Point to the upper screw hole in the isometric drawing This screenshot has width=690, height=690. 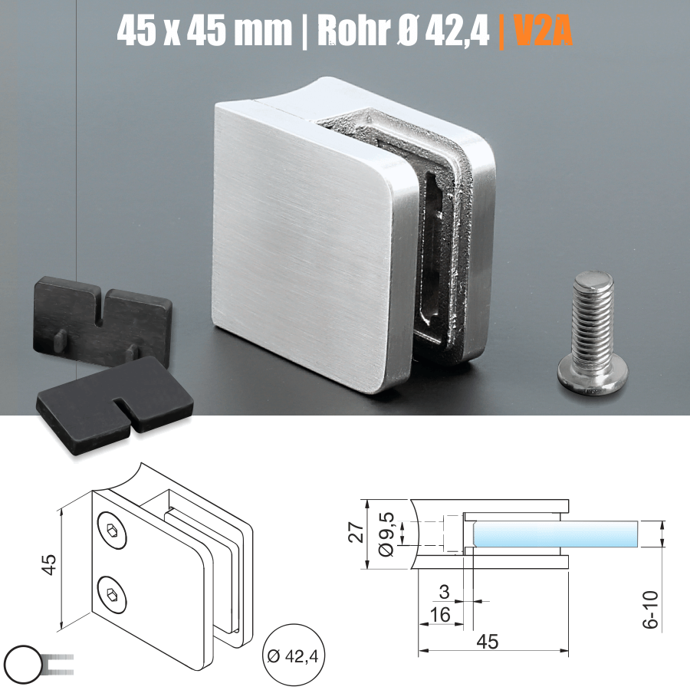[x=113, y=531]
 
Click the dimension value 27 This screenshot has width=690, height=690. [x=355, y=534]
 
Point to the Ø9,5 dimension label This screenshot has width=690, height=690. [x=386, y=534]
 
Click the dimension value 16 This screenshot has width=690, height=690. [x=440, y=614]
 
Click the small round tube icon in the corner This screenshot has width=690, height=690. [x=22, y=662]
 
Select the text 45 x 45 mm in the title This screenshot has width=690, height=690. [x=205, y=31]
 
